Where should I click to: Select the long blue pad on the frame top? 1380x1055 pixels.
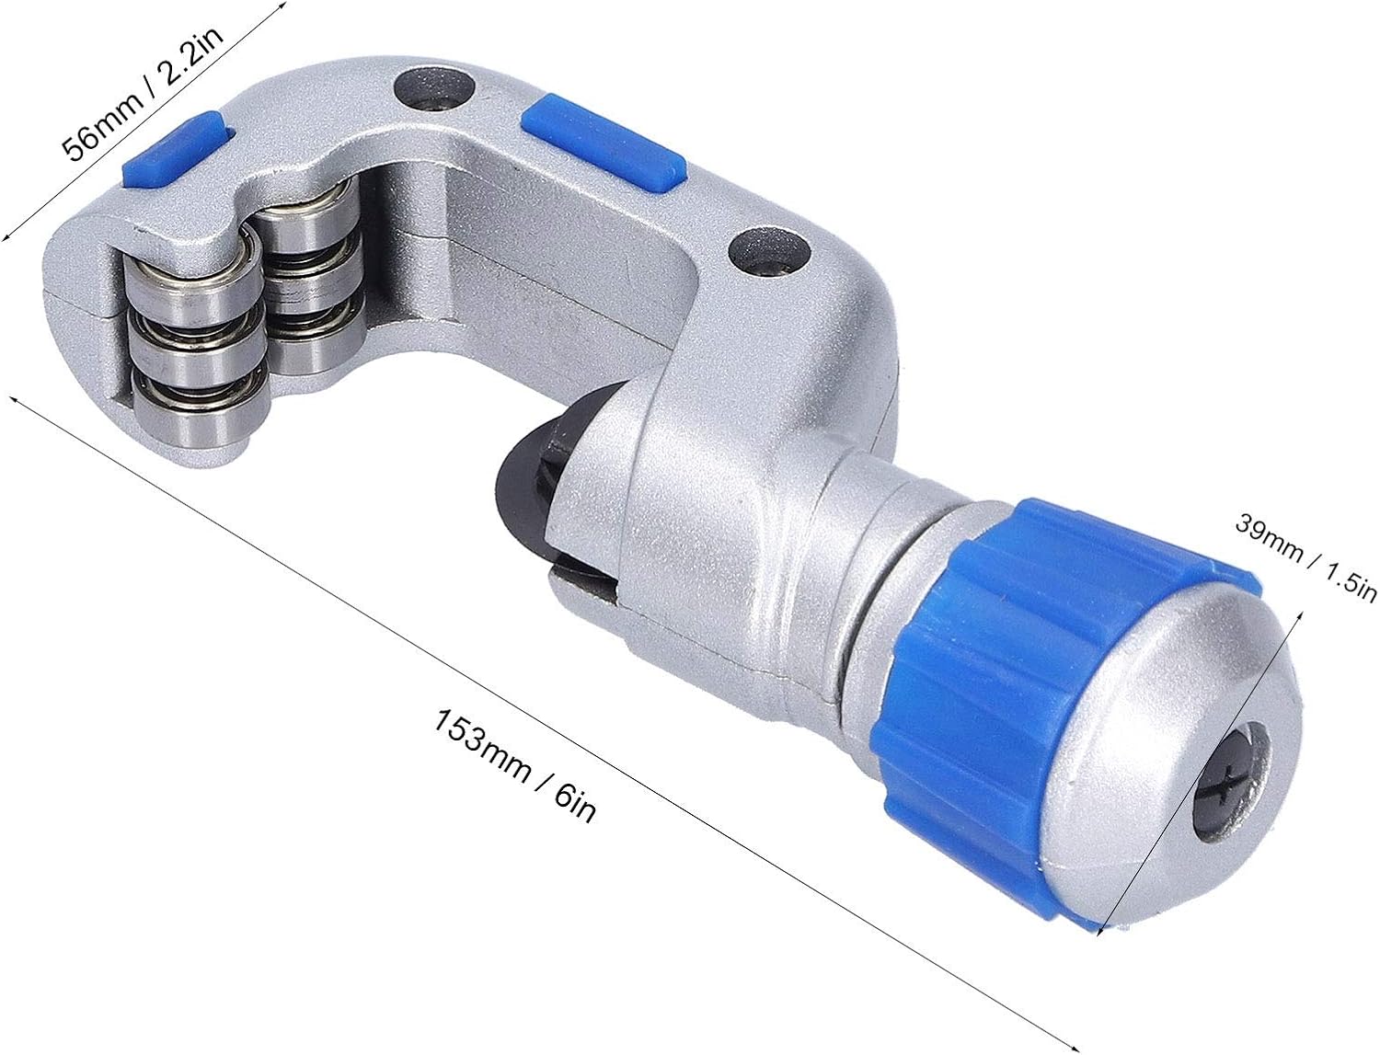pyautogui.click(x=604, y=143)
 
